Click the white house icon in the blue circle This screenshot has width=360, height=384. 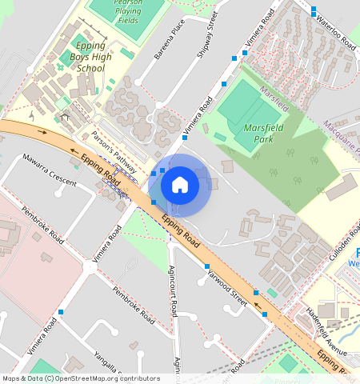(180, 185)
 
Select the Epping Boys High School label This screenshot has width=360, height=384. (88, 58)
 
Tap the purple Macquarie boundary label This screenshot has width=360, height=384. (342, 136)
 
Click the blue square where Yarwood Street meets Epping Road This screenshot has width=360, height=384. (207, 266)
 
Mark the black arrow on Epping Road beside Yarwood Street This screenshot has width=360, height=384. (256, 303)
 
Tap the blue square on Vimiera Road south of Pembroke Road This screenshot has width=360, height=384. (61, 311)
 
